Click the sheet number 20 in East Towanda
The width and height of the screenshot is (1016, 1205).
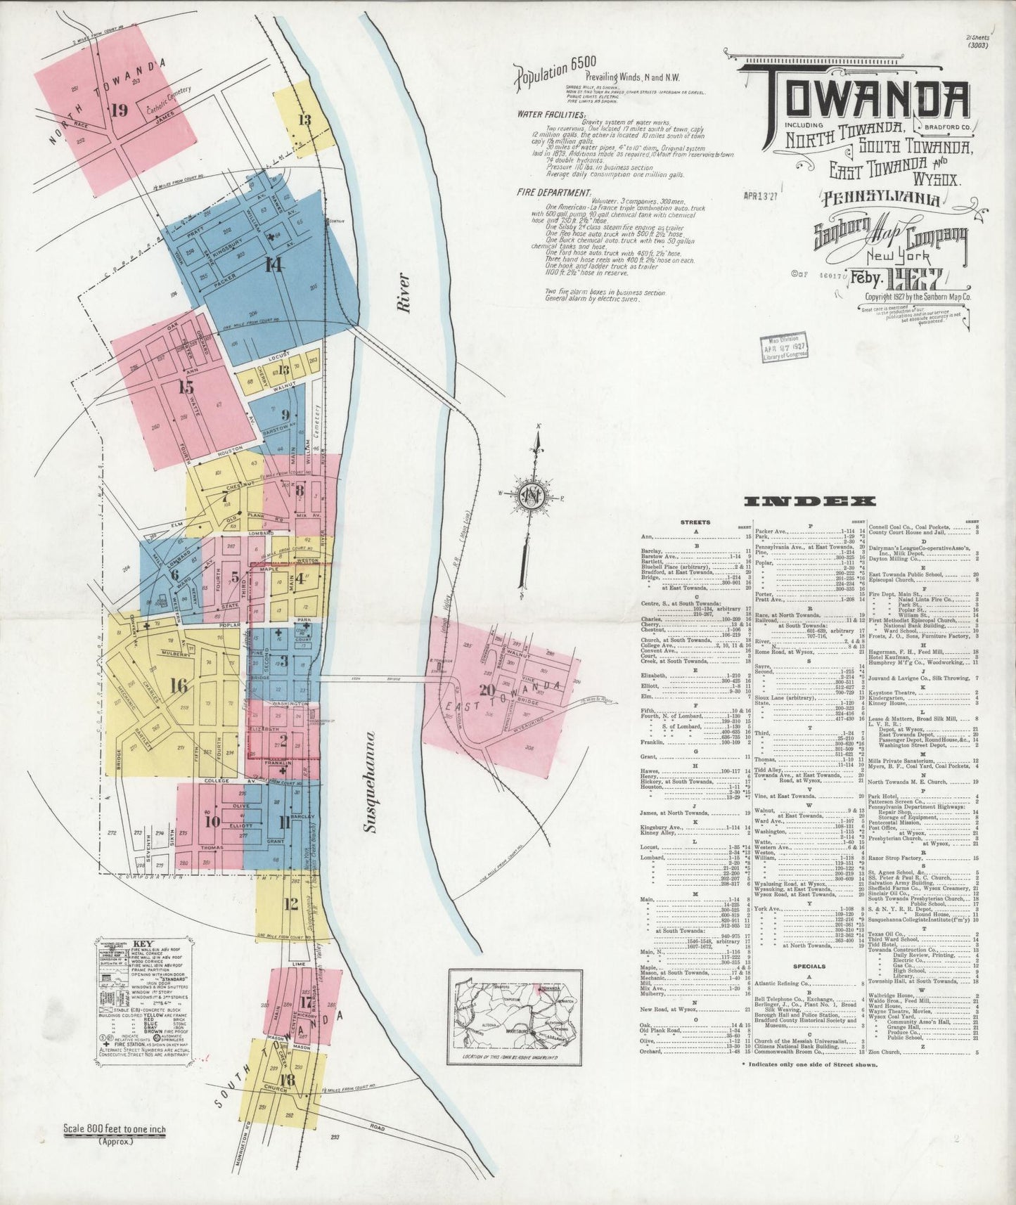tap(486, 689)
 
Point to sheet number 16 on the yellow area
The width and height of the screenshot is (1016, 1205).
tap(179, 686)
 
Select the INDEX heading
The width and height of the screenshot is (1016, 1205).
tap(809, 502)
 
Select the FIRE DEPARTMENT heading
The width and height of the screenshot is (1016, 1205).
tap(553, 192)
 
